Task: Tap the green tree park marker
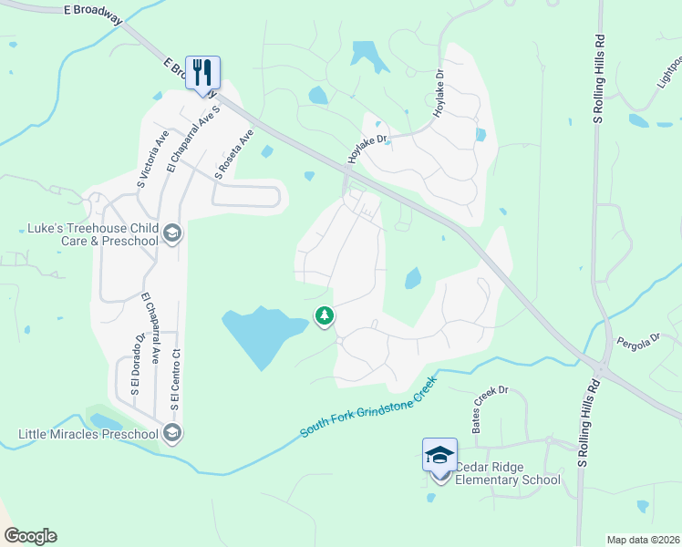(324, 316)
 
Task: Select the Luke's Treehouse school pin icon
(171, 234)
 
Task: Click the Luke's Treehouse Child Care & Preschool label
(88, 234)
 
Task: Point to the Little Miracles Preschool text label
(88, 433)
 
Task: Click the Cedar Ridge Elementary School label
(507, 473)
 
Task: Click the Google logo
(30, 536)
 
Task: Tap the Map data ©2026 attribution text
(642, 540)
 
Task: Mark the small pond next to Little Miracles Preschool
(106, 421)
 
